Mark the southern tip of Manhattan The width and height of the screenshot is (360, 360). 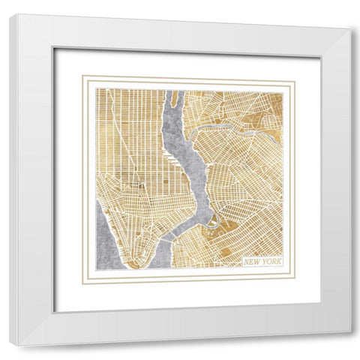(135, 264)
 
